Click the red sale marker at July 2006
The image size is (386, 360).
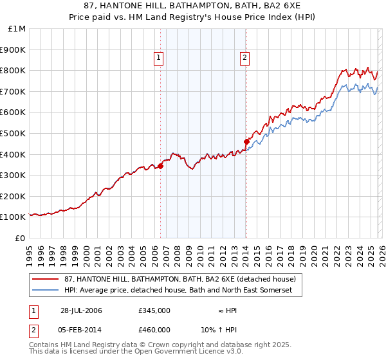pos(160,166)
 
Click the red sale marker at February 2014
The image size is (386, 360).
pos(246,141)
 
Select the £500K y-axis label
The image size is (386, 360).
pos(14,134)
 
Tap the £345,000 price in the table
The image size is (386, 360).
pos(154,310)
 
